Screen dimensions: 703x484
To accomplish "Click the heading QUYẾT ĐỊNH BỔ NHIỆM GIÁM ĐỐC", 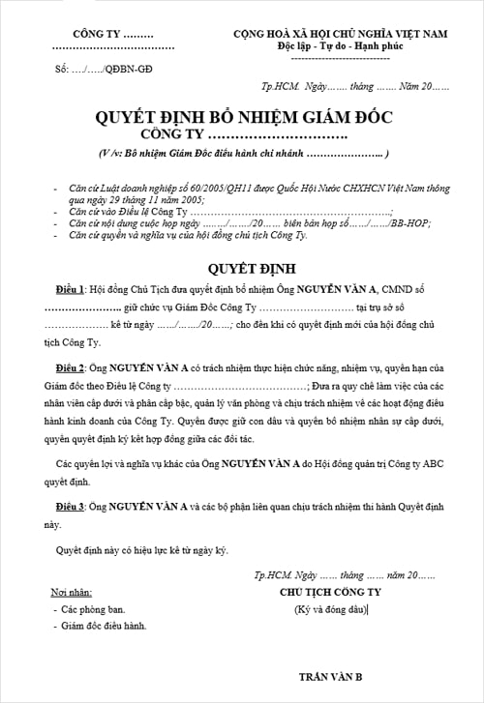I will pyautogui.click(x=243, y=118).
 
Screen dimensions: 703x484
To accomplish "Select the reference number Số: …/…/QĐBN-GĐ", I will pyautogui.click(x=102, y=70).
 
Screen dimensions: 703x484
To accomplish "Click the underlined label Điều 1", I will pyautogui.click(x=71, y=290).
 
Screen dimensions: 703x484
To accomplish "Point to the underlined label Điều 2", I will pyautogui.click(x=71, y=371).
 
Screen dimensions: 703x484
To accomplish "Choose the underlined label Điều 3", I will pyautogui.click(x=71, y=506).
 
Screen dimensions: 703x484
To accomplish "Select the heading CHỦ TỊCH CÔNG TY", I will pyautogui.click(x=330, y=591).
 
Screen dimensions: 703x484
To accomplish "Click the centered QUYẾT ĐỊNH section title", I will pyautogui.click(x=242, y=267).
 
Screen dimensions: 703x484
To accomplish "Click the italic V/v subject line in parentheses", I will pyautogui.click(x=243, y=154).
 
